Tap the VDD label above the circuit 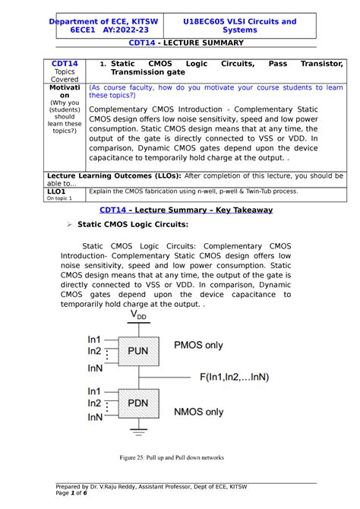139,314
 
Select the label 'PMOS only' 199,346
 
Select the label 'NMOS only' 199,412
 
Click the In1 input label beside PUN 96,339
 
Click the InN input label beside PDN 96,417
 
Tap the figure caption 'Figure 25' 179,457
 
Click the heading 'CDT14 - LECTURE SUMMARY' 179,43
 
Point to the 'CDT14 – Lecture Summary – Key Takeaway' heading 180,209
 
